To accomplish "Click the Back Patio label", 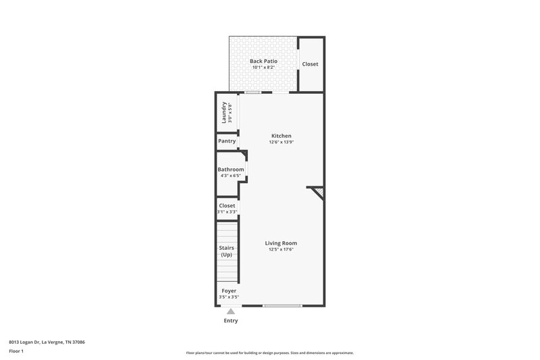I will (x=263, y=61).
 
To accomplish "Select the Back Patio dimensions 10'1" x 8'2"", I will (x=263, y=68).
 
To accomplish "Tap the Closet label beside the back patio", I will (x=310, y=64).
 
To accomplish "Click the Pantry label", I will (x=227, y=141).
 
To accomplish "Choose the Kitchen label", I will (x=281, y=136).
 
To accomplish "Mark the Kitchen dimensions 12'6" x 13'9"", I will (x=281, y=143).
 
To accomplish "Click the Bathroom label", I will (x=231, y=170).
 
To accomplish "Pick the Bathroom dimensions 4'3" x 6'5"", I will (x=231, y=176).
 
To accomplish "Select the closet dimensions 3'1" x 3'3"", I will (x=227, y=212).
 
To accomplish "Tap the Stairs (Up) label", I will (x=227, y=251).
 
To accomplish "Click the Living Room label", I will (x=281, y=243).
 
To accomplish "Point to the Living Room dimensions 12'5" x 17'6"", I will (x=281, y=250).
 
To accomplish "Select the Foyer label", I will (x=229, y=290).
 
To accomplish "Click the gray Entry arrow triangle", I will (x=230, y=311).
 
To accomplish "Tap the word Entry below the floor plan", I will (x=230, y=321).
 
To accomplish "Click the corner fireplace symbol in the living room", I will (x=317, y=193).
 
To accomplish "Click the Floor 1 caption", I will (x=16, y=352).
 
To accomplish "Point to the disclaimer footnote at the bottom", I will (x=270, y=353).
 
